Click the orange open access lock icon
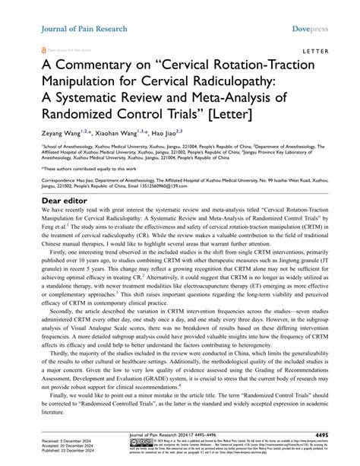[31, 46]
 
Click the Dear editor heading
[52, 201]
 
